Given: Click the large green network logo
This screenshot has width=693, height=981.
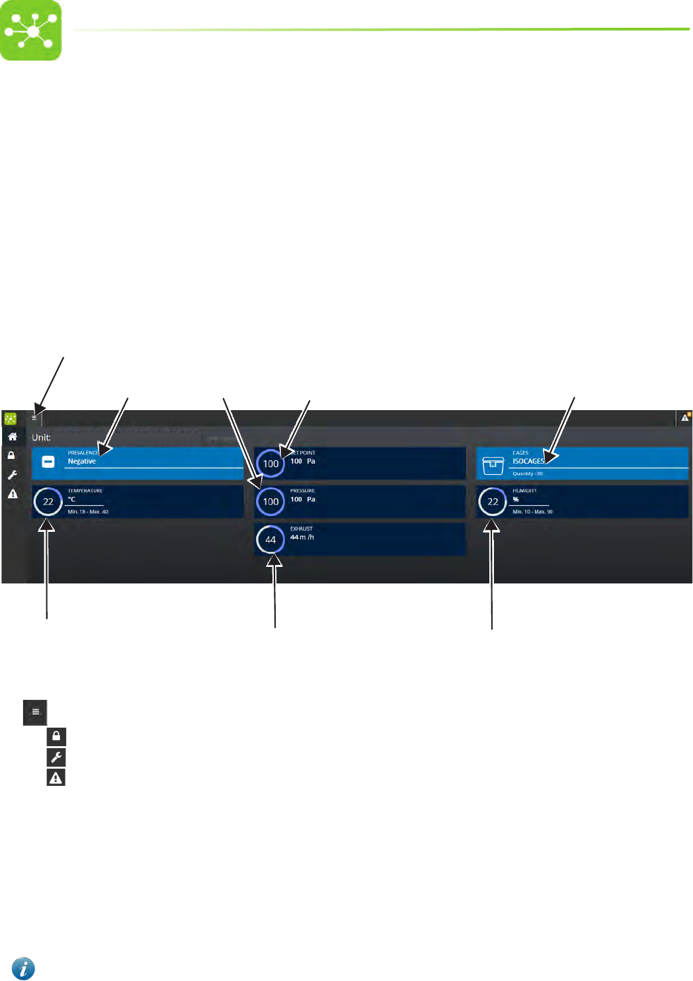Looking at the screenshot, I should (x=30, y=30).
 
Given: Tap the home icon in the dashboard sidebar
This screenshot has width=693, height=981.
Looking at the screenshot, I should (x=12, y=437).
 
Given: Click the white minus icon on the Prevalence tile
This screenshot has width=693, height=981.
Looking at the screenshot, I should (x=48, y=462).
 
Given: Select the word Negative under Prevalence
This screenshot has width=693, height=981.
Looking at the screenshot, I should (x=82, y=462).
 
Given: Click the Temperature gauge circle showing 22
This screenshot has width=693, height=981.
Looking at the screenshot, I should (x=48, y=501).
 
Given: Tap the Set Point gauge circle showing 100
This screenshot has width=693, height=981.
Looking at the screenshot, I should (x=270, y=464).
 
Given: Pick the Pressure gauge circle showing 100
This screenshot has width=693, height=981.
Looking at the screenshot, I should (x=270, y=501).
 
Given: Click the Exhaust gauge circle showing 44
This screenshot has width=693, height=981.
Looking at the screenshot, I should (x=270, y=539).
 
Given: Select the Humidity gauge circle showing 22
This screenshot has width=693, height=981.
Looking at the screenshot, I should (x=493, y=501).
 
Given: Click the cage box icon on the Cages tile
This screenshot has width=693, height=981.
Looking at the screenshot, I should (x=493, y=465).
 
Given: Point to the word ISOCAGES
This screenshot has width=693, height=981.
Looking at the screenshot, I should (x=528, y=462).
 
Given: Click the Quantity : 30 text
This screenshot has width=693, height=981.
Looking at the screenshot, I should (x=528, y=474).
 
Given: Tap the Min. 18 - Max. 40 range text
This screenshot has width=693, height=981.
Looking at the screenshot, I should (x=88, y=512).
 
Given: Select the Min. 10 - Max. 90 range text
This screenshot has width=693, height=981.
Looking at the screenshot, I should (x=532, y=512).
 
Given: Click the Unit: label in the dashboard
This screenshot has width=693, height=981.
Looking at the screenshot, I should (x=41, y=437).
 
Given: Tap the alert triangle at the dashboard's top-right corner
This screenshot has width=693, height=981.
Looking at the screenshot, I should (x=685, y=417).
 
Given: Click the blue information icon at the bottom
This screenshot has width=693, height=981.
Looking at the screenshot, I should (x=23, y=968).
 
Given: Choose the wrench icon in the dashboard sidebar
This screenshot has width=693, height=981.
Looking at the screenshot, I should (x=12, y=475).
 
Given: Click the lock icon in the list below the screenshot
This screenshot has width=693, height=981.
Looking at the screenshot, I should (x=56, y=736).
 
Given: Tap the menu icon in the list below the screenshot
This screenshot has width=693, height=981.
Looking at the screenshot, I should (x=36, y=712).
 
